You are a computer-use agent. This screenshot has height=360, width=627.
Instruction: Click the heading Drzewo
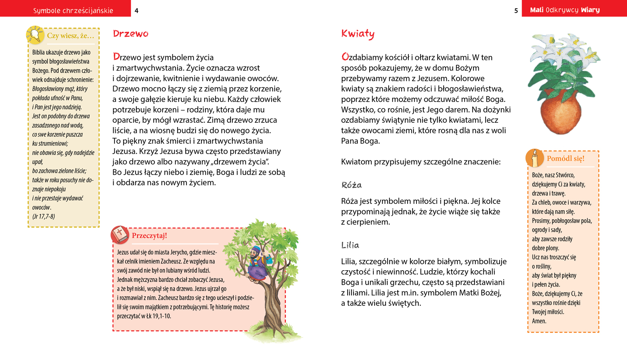130,34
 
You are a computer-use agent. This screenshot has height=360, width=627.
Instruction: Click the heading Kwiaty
358,34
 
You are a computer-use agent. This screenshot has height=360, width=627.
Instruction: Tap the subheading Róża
352,185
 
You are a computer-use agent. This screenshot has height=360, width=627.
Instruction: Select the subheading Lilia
350,245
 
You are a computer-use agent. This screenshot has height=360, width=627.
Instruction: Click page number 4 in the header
136,11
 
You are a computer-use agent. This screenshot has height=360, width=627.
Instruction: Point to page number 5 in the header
516,11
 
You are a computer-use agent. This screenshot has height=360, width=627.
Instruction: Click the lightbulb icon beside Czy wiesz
35,35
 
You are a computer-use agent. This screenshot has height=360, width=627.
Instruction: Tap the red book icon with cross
120,235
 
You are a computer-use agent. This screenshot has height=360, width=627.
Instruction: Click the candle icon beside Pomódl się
535,158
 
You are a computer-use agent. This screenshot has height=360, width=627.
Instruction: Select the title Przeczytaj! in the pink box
149,236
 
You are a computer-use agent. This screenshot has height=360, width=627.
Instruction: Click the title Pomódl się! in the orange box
565,158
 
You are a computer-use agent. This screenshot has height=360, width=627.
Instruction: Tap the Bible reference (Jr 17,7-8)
43,216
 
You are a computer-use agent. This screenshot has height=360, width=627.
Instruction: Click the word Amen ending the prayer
539,321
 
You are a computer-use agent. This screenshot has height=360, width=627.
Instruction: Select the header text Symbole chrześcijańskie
73,11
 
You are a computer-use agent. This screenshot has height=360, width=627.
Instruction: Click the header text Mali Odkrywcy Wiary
565,10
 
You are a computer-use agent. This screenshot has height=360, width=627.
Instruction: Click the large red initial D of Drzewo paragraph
116,56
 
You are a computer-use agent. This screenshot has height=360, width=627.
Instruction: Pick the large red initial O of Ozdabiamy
345,56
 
